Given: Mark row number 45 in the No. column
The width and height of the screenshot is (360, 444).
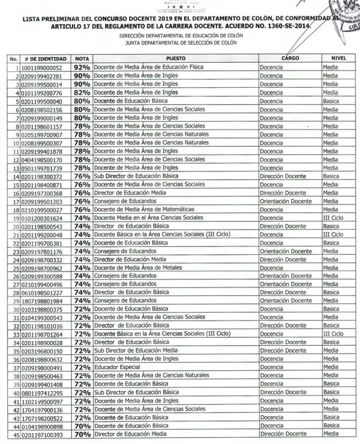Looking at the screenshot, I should (8, 437).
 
